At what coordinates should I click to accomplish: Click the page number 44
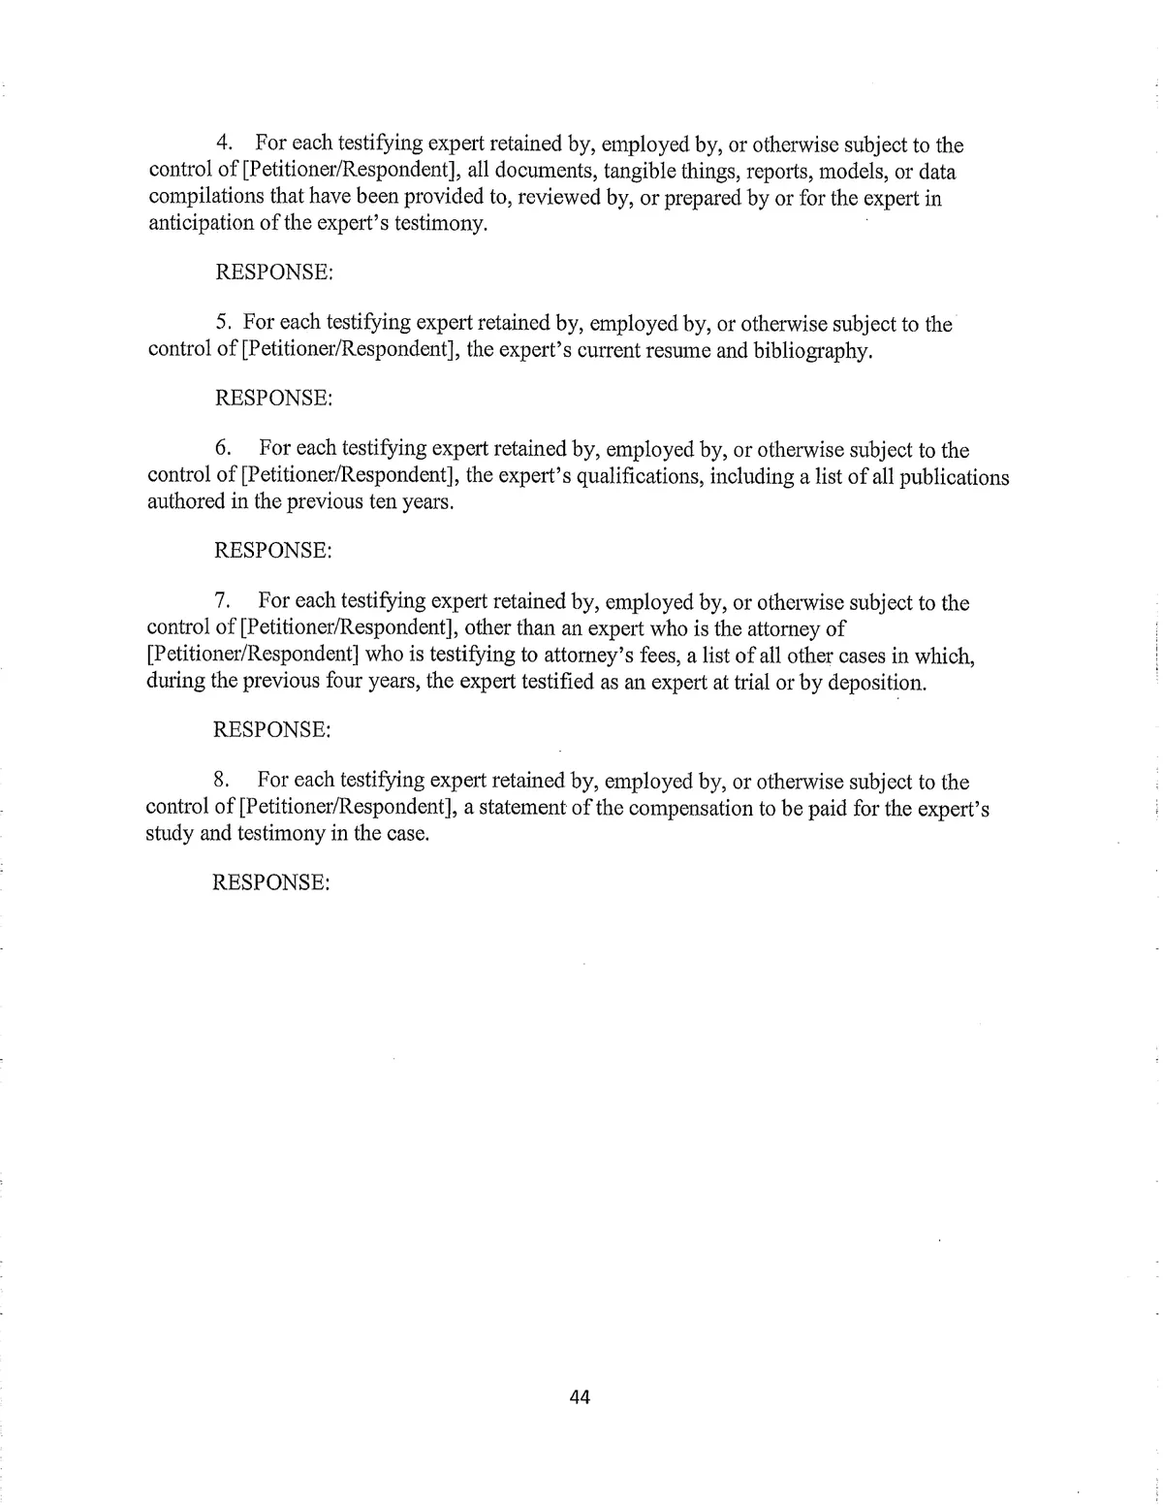(x=580, y=1397)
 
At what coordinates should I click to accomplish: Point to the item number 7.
(x=222, y=602)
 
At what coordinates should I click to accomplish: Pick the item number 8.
(x=221, y=781)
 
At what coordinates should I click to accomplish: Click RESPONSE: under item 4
(x=274, y=272)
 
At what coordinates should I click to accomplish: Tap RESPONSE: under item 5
(x=273, y=398)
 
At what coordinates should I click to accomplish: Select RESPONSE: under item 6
(x=273, y=550)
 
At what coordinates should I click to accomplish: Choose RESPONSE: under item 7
(x=272, y=729)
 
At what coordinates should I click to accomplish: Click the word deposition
(x=876, y=682)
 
